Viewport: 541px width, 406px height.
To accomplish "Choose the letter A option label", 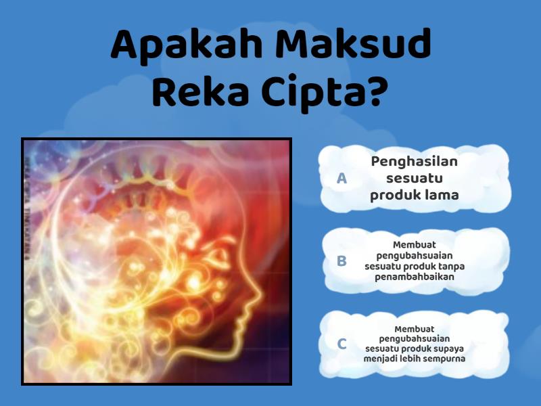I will (342, 178).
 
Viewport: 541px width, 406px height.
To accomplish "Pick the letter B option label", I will (342, 261).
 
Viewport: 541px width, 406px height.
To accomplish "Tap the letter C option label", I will (342, 344).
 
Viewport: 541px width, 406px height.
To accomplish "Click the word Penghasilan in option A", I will (414, 162).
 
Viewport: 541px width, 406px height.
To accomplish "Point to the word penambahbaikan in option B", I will (414, 277).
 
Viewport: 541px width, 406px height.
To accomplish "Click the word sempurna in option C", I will (442, 358).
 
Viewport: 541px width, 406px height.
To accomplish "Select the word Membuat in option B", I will (414, 245).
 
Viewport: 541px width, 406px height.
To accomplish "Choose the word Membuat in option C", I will (414, 328).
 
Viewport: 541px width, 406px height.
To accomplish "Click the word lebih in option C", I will (410, 358).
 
